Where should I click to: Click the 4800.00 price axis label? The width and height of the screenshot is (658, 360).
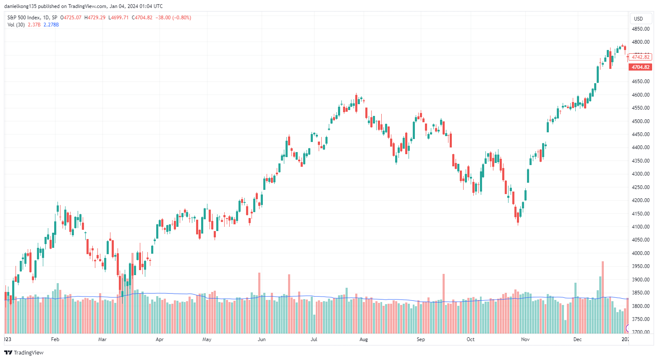[640, 42]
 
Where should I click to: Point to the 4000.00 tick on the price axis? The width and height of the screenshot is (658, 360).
[640, 253]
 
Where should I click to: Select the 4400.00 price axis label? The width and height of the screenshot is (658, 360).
[640, 147]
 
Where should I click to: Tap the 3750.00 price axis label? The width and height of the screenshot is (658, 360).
[640, 319]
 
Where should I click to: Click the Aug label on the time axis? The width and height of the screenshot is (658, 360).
[364, 339]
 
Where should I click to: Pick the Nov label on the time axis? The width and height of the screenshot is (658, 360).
[525, 339]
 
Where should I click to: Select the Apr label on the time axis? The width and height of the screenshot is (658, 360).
[160, 339]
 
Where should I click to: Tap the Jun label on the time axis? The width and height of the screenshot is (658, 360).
[262, 339]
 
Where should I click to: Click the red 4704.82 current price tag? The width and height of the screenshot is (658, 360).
[640, 67]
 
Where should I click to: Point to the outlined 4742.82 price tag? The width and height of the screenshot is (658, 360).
[640, 57]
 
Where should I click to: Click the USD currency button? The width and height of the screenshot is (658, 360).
[638, 18]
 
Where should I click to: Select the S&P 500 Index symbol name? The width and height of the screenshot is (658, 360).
[24, 18]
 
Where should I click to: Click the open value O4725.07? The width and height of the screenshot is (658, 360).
[71, 18]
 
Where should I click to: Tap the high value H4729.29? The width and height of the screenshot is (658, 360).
[95, 18]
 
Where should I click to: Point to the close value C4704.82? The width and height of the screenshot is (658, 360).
[142, 18]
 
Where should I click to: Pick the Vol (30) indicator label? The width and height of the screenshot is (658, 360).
[16, 25]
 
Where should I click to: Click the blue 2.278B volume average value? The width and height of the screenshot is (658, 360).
[51, 25]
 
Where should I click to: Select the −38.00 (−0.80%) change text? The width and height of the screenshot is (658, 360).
[173, 18]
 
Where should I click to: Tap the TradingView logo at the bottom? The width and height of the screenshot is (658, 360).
[24, 352]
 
